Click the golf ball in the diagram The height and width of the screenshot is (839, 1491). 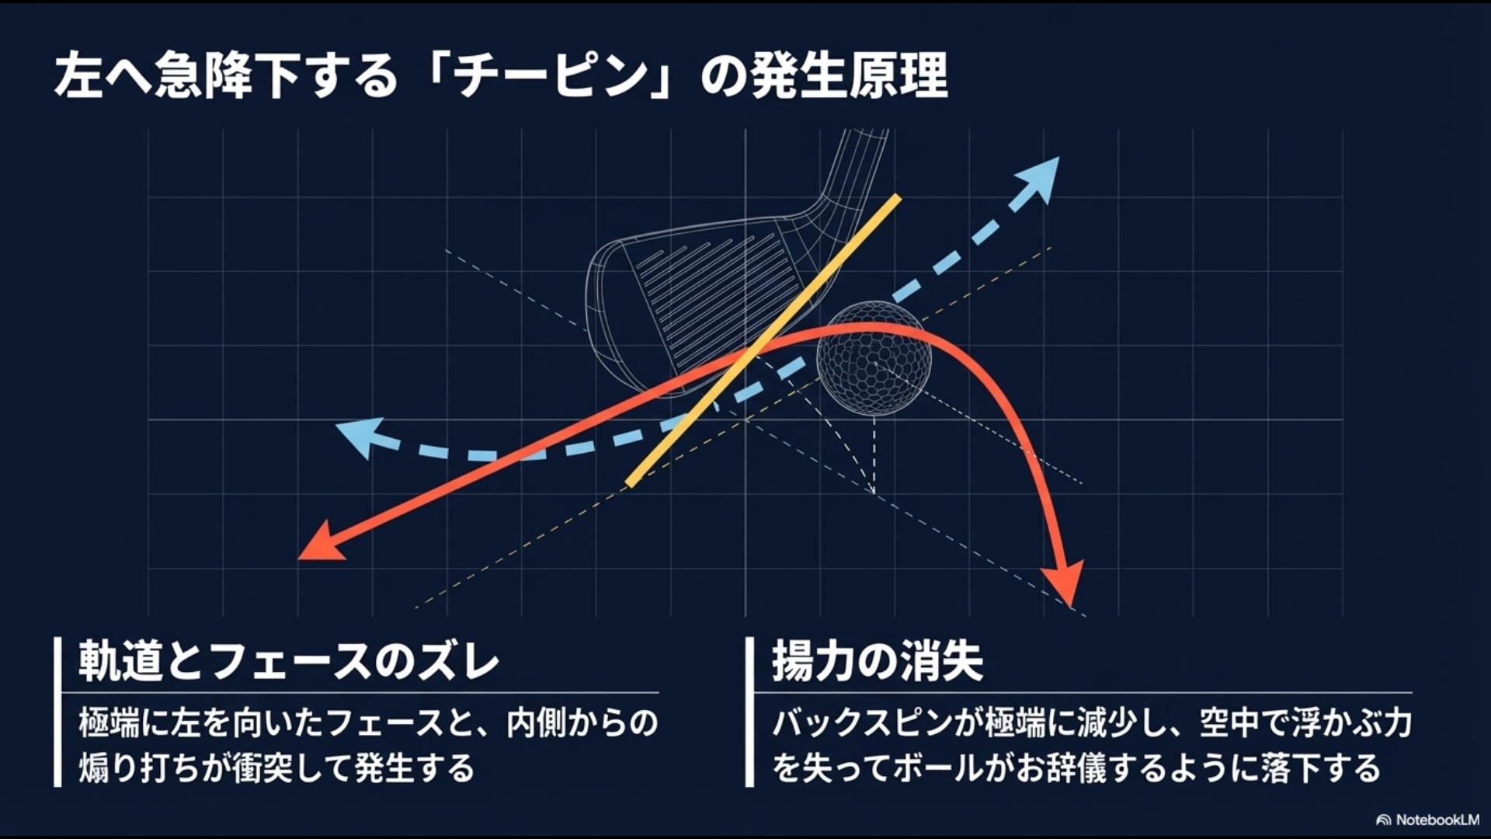(x=874, y=359)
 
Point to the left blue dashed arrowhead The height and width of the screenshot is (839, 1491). (x=357, y=436)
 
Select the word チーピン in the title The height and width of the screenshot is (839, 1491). (x=552, y=77)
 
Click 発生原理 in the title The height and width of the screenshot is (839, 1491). (x=849, y=77)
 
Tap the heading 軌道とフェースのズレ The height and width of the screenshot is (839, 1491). (x=288, y=663)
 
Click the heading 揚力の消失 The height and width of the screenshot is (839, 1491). (x=878, y=663)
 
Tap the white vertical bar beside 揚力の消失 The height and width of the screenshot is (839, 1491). (x=749, y=711)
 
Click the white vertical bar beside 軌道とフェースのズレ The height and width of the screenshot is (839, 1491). (x=57, y=711)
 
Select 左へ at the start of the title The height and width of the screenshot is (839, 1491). (x=101, y=77)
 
